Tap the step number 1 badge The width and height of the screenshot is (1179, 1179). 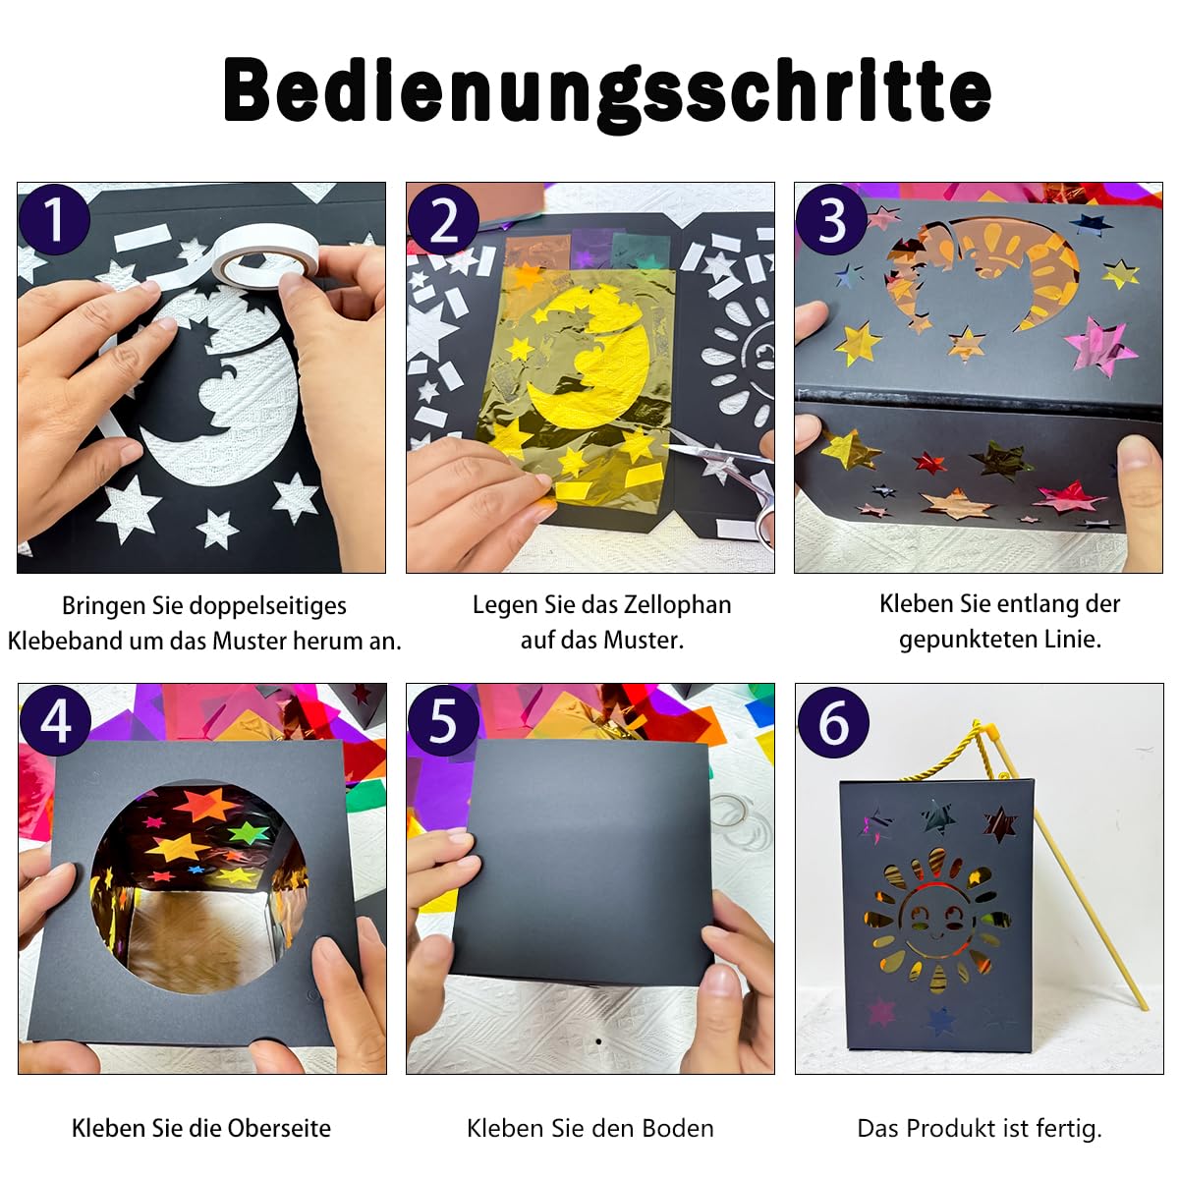pyautogui.click(x=54, y=220)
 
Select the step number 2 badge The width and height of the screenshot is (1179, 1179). pyautogui.click(x=443, y=220)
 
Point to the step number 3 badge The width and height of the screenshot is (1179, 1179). pyautogui.click(x=831, y=220)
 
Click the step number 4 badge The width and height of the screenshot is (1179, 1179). pyautogui.click(x=56, y=721)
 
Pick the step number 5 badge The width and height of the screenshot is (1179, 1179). pyautogui.click(x=443, y=721)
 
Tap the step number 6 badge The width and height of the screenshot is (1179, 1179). pyautogui.click(x=833, y=722)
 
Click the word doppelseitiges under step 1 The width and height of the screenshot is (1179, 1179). pyautogui.click(x=268, y=606)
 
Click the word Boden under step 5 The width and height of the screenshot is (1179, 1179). pyautogui.click(x=678, y=1128)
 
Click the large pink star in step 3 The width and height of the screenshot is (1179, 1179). pyautogui.click(x=1099, y=345)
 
